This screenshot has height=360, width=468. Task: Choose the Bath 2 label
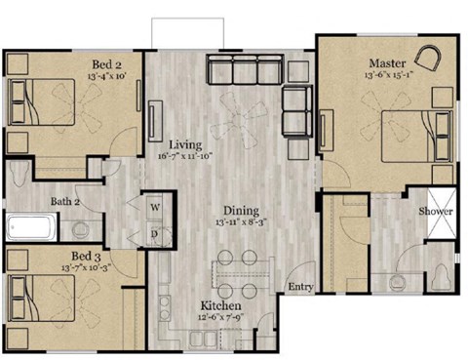click(66, 202)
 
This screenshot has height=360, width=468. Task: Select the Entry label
click(298, 287)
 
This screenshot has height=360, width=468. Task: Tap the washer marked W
click(154, 208)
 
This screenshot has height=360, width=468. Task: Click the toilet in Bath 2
click(82, 231)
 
